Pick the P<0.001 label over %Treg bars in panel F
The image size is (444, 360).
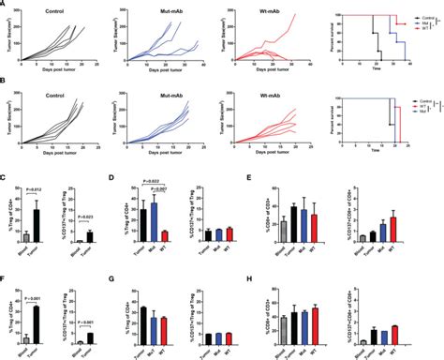pyautogui.click(x=31, y=278)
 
